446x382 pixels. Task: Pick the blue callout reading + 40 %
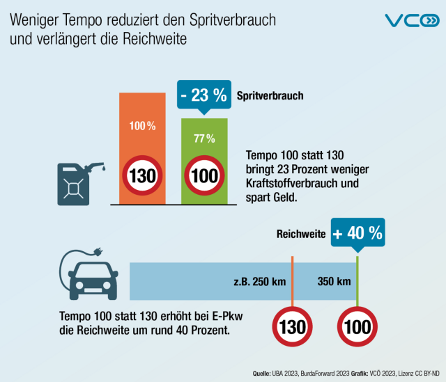(358, 234)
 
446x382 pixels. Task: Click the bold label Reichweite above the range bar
(301, 235)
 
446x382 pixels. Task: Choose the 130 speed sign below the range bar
(292, 326)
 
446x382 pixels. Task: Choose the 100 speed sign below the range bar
(357, 326)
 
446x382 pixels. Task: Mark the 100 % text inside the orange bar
(141, 126)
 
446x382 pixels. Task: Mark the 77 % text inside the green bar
(204, 138)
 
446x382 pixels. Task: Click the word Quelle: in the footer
(261, 374)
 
